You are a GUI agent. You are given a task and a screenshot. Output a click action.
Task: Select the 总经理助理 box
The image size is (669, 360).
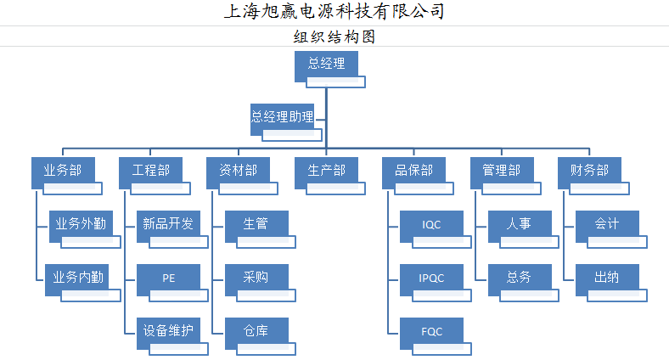(x=283, y=118)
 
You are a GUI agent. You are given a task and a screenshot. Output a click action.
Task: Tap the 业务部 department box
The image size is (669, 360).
(x=63, y=171)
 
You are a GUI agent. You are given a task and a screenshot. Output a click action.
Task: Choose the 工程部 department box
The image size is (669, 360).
(x=151, y=171)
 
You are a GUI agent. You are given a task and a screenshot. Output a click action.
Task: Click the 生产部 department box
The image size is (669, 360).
(x=326, y=171)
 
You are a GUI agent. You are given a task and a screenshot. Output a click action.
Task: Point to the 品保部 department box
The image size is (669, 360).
(x=414, y=171)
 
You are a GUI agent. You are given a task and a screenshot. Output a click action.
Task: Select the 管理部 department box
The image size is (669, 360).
(x=502, y=171)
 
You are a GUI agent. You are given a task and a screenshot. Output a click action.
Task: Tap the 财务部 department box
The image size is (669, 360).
(x=589, y=171)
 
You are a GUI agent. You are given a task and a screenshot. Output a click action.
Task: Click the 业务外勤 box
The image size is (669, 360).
(x=81, y=224)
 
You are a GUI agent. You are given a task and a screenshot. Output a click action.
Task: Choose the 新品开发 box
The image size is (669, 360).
(x=168, y=224)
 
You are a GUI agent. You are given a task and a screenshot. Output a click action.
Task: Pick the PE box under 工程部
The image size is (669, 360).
(x=168, y=277)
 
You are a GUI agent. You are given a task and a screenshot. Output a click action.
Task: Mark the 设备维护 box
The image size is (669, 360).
(x=168, y=330)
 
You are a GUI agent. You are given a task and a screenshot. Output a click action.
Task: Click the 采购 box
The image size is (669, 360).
(x=256, y=277)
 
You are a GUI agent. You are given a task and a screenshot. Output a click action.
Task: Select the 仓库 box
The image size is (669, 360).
(x=256, y=330)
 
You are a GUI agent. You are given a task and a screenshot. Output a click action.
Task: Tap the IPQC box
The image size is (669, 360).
(x=431, y=277)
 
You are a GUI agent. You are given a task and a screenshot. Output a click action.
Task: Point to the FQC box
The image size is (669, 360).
(x=431, y=330)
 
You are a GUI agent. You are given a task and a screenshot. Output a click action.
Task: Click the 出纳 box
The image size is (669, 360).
(x=606, y=277)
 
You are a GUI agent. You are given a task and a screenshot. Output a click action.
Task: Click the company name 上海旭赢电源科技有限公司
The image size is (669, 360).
(x=334, y=12)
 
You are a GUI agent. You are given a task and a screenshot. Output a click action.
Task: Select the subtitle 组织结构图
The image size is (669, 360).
(x=334, y=37)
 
